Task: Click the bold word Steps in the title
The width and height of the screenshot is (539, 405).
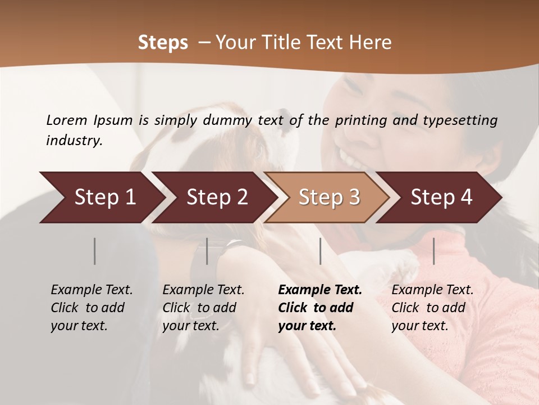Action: [163, 43]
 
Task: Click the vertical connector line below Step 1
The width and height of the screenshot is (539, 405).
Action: [95, 251]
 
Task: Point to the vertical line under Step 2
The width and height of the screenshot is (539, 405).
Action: [207, 251]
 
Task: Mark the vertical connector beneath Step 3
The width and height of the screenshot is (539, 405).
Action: [320, 251]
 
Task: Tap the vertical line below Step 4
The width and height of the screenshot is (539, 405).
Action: [433, 251]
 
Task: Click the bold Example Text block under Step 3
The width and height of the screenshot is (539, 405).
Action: [320, 308]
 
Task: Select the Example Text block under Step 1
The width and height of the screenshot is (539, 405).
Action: [92, 308]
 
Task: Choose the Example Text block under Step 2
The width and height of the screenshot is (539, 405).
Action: [203, 308]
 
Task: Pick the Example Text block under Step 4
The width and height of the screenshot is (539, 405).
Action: [432, 308]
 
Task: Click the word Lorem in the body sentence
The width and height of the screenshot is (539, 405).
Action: [67, 120]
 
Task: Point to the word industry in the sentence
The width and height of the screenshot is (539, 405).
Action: [74, 141]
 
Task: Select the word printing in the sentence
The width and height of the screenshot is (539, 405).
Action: [359, 120]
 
